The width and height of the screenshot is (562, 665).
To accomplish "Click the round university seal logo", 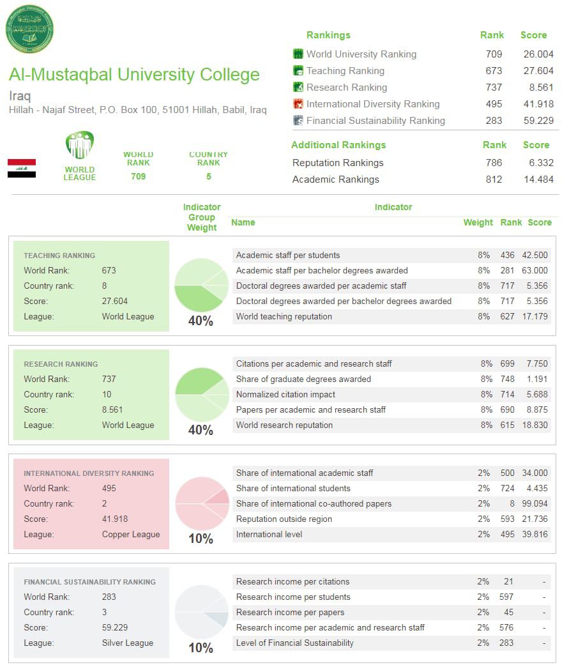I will [x=29, y=29].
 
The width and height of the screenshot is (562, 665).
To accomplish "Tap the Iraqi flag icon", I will [x=22, y=168].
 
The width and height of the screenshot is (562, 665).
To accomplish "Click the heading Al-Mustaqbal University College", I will [x=134, y=75].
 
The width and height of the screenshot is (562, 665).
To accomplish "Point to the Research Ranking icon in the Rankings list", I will [x=298, y=88].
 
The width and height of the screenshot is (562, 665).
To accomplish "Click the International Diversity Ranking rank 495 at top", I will [x=494, y=104].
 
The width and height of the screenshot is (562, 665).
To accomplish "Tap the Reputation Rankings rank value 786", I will [x=494, y=163].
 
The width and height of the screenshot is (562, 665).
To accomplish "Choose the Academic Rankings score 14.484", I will [x=537, y=180].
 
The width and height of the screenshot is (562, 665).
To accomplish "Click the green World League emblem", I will [x=80, y=146].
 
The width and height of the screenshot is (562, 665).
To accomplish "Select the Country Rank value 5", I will [x=208, y=176].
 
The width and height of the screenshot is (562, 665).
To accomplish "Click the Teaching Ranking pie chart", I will [x=201, y=285].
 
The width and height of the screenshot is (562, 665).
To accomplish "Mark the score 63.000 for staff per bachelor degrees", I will [x=535, y=270].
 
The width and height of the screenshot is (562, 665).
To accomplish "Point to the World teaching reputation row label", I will [x=284, y=316].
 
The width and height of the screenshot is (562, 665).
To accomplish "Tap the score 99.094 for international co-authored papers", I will [x=535, y=503].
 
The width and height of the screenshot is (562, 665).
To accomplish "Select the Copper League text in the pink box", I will [x=131, y=534].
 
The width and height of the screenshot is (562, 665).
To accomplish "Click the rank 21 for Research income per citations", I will [x=508, y=581].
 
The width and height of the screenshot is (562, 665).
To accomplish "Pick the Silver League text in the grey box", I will [x=128, y=643].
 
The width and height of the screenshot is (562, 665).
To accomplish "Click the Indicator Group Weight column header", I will [x=202, y=217].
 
